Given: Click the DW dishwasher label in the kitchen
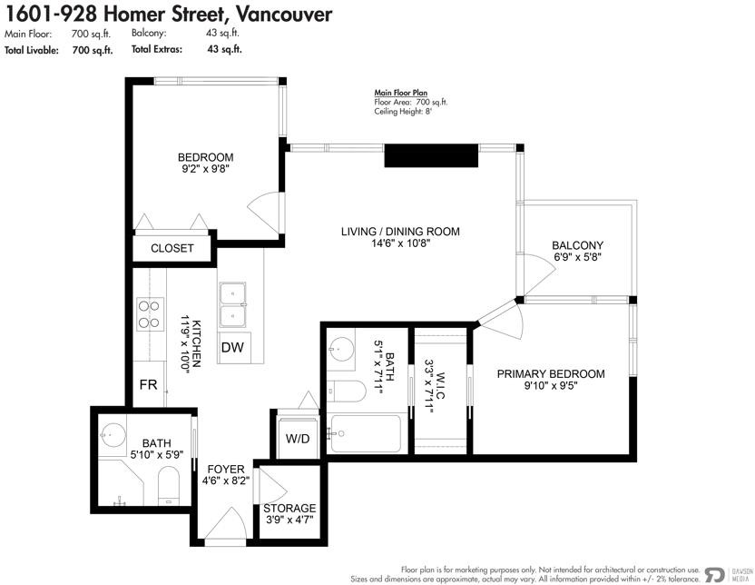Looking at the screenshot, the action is pos(232,347).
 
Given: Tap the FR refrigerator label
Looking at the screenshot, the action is pos(148,384).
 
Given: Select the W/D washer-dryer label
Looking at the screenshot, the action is pos(298,439).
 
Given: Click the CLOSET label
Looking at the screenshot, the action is pos(172,248).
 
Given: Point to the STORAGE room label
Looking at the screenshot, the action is pos(289,508).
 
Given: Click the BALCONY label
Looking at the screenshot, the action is pos(577,245).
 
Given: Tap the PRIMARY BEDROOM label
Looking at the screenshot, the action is pos(551,374).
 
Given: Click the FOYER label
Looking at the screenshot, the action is pos(226,469).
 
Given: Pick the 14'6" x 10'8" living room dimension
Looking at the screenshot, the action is pos(400,243).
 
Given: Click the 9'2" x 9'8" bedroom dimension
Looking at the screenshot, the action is pos(206,169).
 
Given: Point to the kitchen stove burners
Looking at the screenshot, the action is pos(150,314).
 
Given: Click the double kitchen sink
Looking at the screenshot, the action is pos(232,304).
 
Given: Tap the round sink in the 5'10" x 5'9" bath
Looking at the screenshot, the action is pos(113,436).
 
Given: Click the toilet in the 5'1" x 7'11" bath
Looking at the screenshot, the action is pos(346,392).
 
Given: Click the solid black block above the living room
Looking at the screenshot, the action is pos(431,155).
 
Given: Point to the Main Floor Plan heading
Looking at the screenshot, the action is pos(400,93).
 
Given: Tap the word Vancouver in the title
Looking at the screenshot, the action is pos(284,14).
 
